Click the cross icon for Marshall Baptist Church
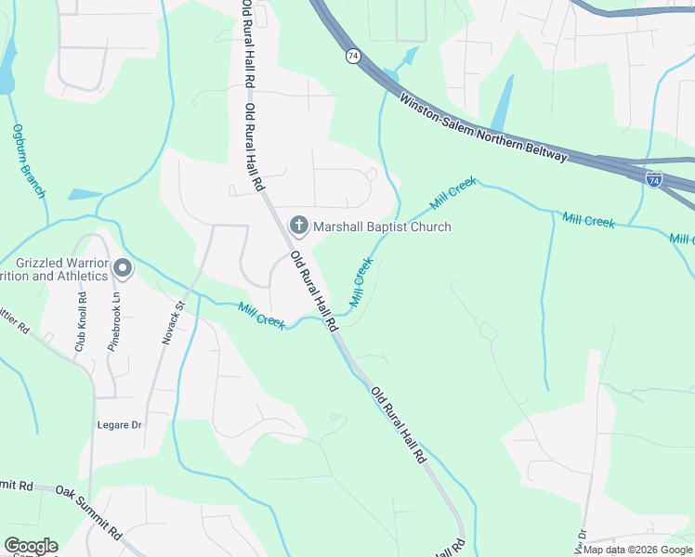pyautogui.click(x=299, y=226)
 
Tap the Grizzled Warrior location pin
pyautogui.click(x=123, y=269)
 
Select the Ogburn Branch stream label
pyautogui.click(x=29, y=162)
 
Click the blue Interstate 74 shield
pyautogui.click(x=654, y=178)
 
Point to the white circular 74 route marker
pyautogui.click(x=353, y=56)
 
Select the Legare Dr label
pyautogui.click(x=119, y=425)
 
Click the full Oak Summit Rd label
pyautogui.click(x=89, y=511)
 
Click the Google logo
pyautogui.click(x=30, y=546)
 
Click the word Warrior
pyautogui.click(x=80, y=262)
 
